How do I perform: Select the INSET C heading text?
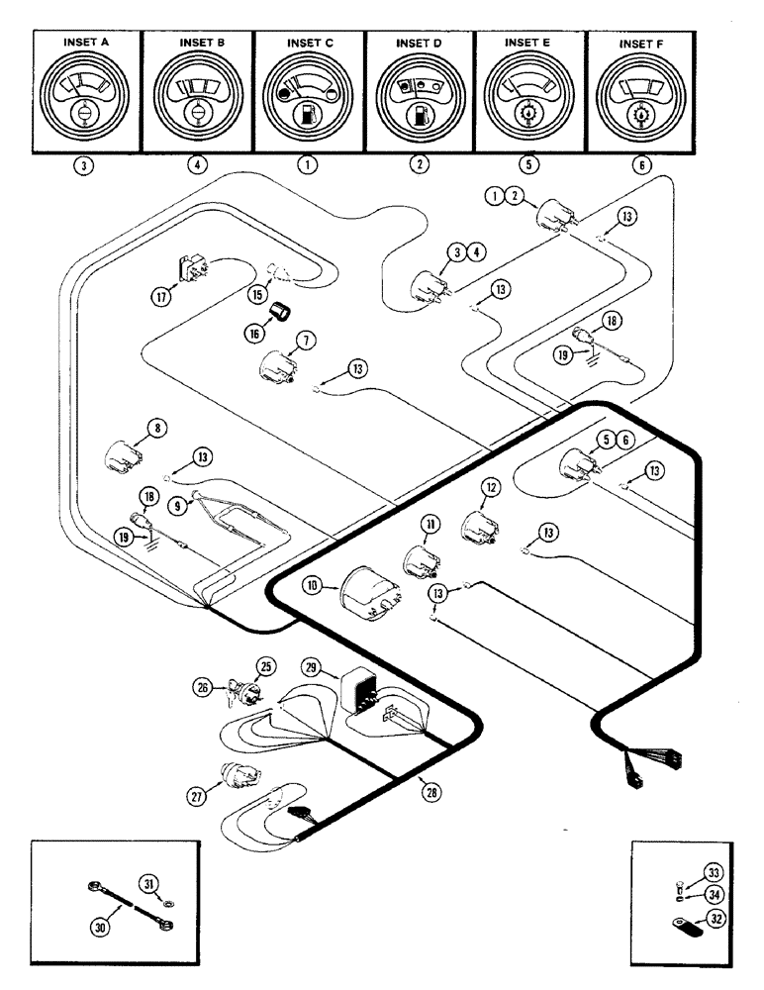coord(310,43)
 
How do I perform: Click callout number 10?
coord(314,587)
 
